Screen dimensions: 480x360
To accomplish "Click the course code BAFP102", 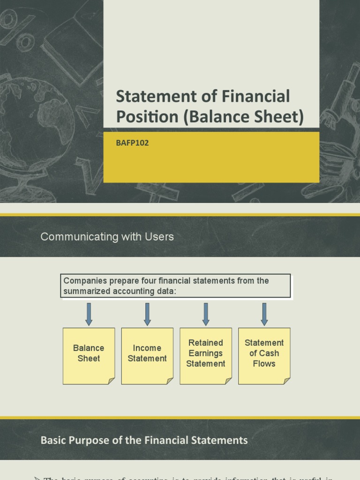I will tap(132, 143).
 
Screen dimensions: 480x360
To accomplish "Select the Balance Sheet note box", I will tap(89, 356).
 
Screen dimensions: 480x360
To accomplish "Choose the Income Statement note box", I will tap(147, 356).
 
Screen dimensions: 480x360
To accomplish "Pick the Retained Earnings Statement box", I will tap(205, 356).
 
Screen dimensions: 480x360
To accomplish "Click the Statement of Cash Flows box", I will tap(264, 356).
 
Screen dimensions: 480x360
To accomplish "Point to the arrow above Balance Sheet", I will tap(89, 314).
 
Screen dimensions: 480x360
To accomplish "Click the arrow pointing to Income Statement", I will tap(147, 314).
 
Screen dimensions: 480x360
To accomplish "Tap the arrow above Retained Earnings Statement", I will tap(205, 314).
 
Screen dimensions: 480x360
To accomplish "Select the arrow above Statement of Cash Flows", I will tap(264, 314).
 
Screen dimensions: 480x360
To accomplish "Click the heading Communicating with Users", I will tap(107, 237).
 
